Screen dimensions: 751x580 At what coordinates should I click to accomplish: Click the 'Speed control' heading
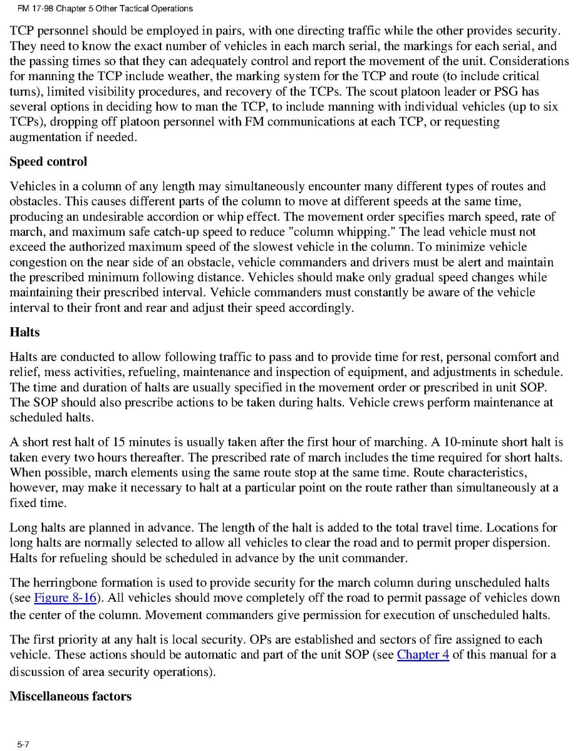pos(48,162)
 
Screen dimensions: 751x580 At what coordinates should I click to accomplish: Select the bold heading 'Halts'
pos(25,332)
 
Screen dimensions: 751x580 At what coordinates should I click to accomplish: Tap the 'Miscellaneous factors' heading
pos(70,696)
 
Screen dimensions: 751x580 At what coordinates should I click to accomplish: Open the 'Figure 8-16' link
pos(65,597)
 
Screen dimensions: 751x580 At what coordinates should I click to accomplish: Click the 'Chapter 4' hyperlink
pos(423,655)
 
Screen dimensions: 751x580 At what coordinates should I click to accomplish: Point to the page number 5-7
pos(24,744)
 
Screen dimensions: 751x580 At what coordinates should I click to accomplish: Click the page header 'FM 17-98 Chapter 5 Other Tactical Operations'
pos(101,9)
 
